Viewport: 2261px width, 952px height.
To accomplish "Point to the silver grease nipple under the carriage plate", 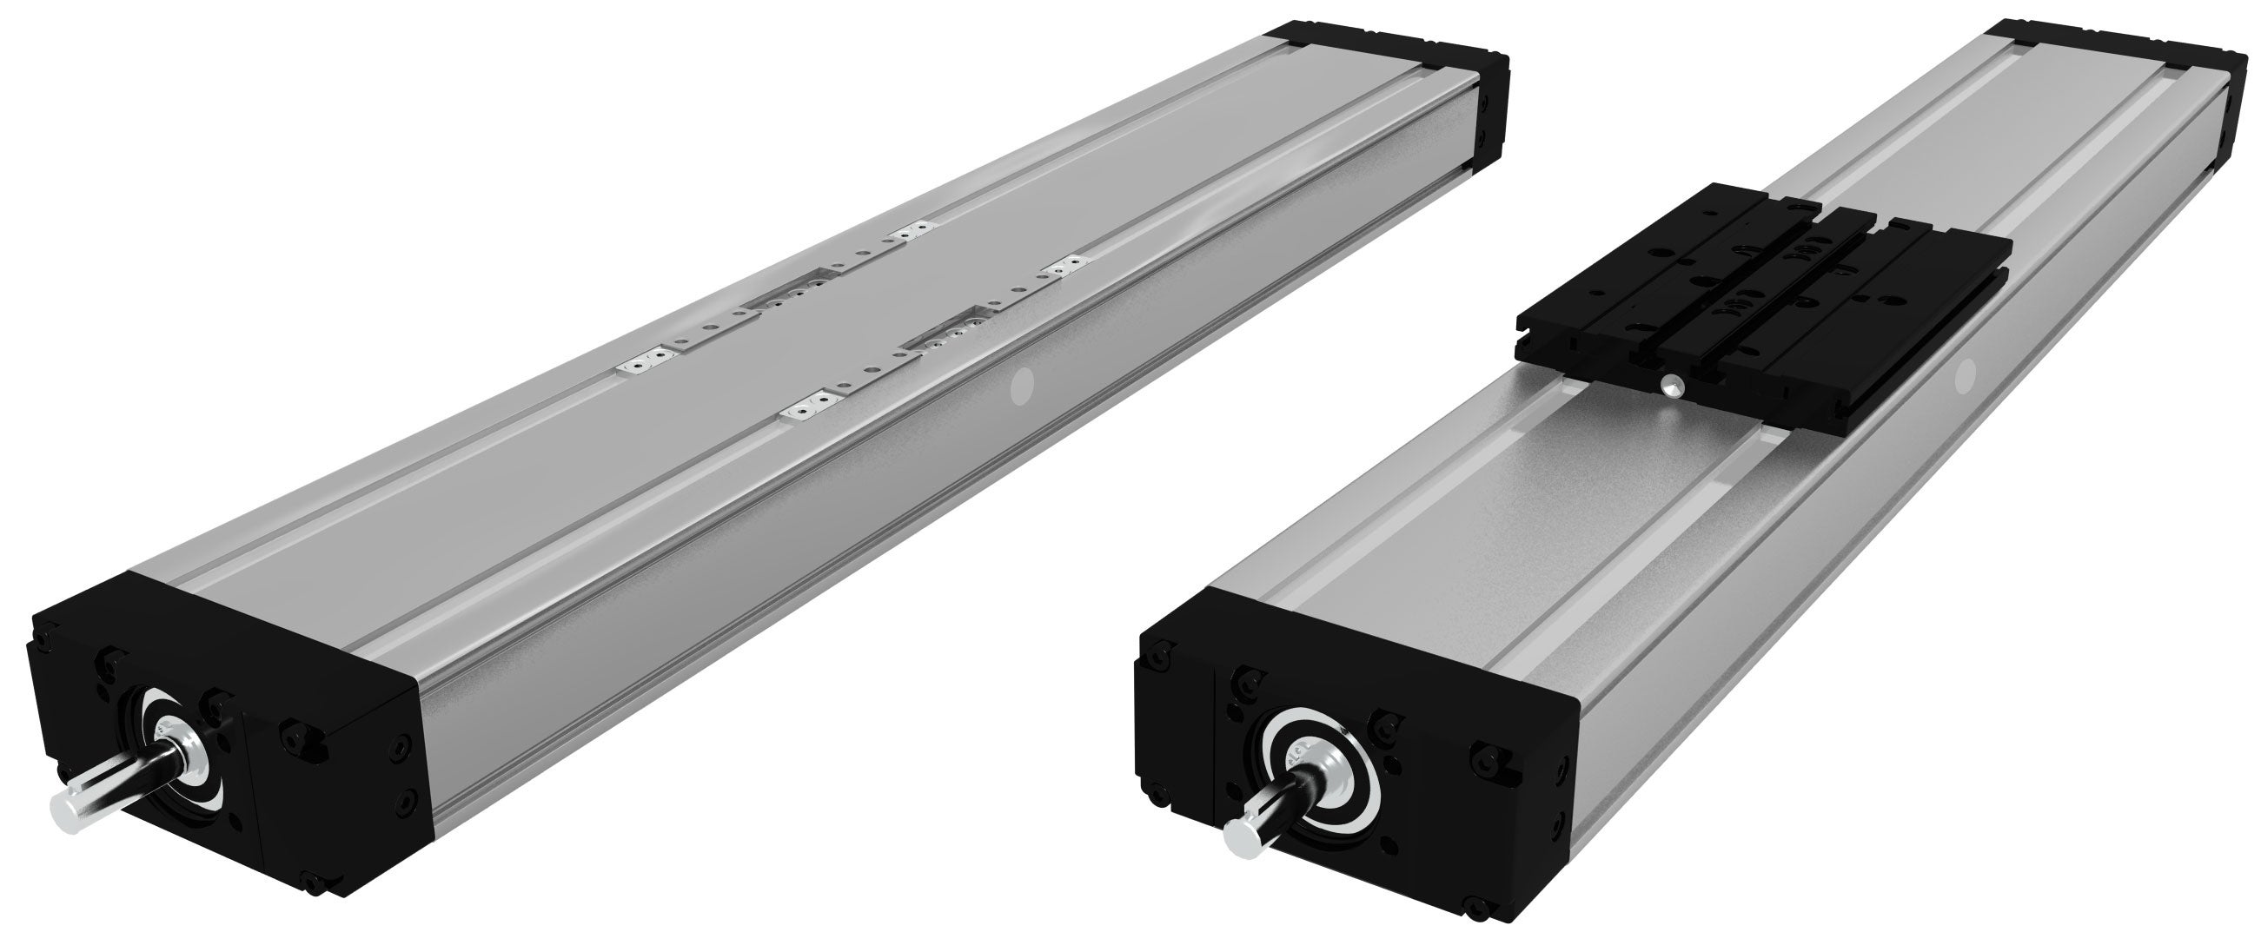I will (1674, 383).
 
